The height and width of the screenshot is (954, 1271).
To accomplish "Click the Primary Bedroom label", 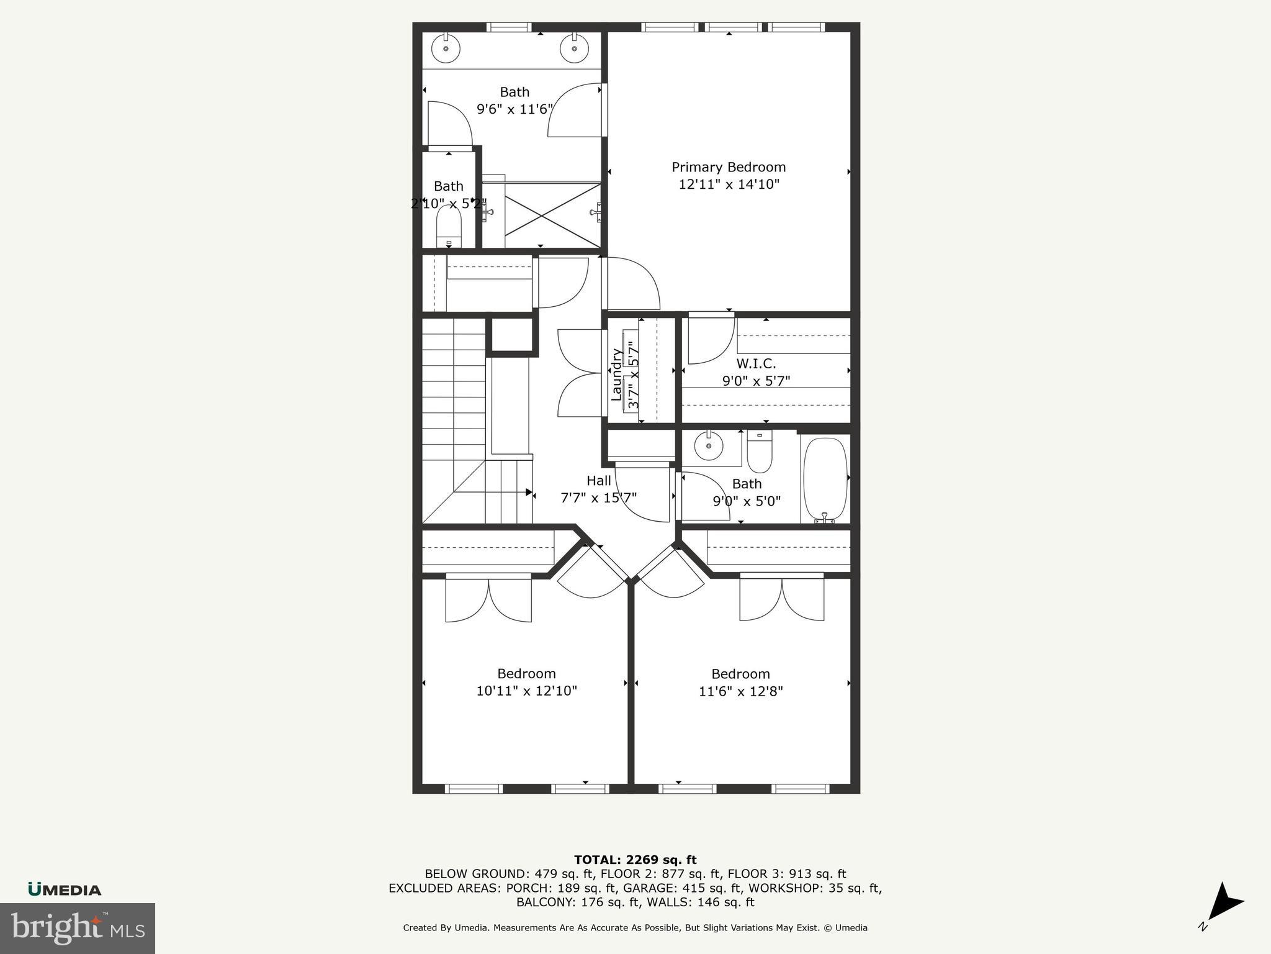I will (x=729, y=167).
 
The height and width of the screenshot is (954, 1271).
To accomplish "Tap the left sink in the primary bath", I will (x=446, y=48).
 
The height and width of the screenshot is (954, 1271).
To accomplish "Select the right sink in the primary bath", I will (x=574, y=48).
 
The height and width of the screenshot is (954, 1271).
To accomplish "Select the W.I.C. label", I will (x=756, y=363).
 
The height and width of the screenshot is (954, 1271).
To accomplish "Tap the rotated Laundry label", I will (x=617, y=375).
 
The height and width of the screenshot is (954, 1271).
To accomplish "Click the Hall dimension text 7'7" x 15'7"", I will (x=598, y=497).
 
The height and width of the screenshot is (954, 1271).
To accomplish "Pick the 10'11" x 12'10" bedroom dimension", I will (x=526, y=691).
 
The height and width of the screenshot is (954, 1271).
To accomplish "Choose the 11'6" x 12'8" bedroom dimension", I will (x=740, y=691).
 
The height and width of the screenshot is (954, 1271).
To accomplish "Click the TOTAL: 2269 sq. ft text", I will (x=635, y=860).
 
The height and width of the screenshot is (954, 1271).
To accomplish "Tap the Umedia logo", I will (x=65, y=889).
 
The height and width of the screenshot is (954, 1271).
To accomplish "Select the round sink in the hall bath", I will (x=709, y=445).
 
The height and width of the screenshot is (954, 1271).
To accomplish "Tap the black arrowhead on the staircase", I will (x=529, y=493).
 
